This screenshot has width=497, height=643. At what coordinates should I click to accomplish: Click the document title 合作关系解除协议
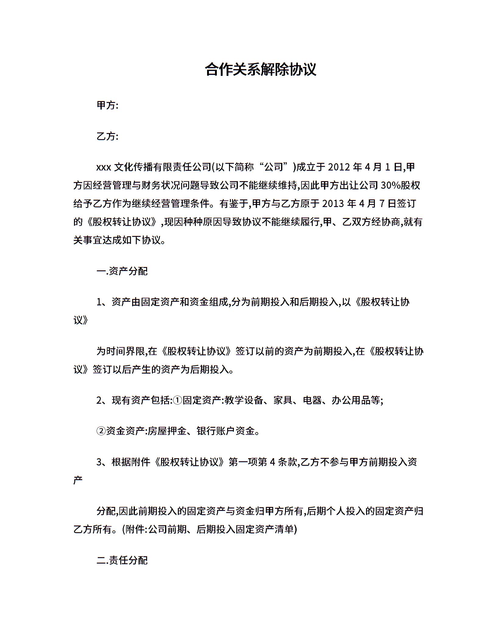[261, 69]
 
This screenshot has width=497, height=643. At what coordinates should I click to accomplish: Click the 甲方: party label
[107, 105]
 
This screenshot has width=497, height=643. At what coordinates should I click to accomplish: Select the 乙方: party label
[107, 136]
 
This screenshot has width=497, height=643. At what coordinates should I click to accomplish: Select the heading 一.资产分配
[122, 271]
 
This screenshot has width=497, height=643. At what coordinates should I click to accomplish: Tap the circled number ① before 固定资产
[178, 400]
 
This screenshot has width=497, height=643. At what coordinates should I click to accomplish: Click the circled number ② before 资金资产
[101, 431]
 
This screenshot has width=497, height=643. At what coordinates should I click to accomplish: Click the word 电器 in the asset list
[312, 400]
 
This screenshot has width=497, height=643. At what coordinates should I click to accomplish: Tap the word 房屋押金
[167, 431]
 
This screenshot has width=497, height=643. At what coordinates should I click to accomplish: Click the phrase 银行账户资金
[225, 431]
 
